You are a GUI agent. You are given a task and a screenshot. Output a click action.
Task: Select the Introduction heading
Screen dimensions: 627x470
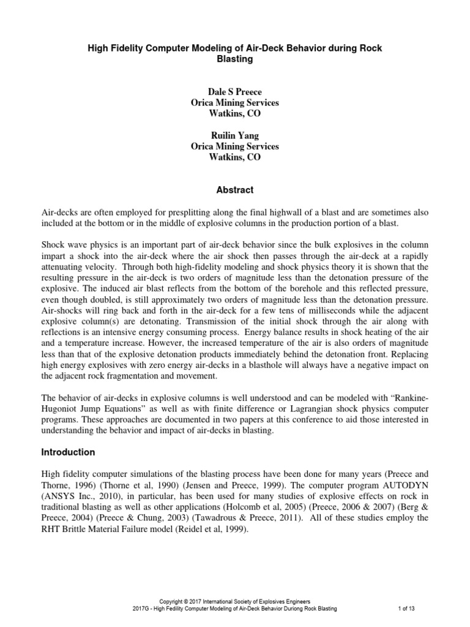[x=67, y=452]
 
